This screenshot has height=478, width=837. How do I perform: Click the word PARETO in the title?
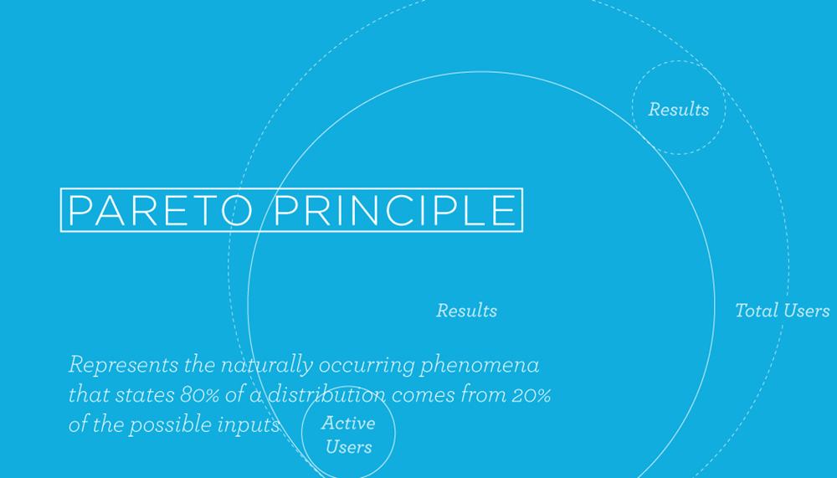160,210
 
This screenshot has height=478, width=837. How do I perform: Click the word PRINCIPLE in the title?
395,210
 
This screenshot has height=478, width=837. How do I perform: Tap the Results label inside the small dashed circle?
679,110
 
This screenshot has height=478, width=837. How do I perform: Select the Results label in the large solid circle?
466,311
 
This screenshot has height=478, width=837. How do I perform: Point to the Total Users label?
782,311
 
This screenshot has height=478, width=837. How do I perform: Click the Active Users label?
348,434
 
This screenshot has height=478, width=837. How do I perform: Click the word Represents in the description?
123,366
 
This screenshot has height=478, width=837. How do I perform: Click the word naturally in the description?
266,366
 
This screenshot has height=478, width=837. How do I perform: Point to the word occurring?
367,366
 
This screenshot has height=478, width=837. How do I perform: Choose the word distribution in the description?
326,395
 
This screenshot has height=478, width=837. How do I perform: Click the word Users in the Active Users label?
348,447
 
